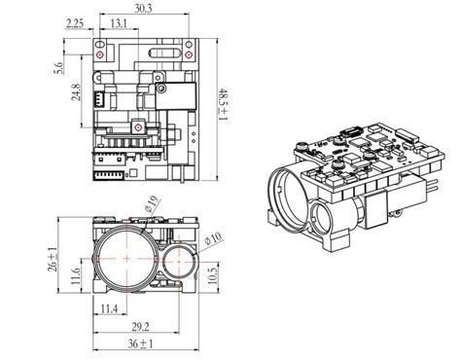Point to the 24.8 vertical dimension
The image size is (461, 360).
click(75, 95)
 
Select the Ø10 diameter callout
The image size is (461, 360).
click(214, 237)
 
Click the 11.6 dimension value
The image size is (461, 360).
click(76, 279)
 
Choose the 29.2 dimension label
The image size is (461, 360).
click(140, 328)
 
